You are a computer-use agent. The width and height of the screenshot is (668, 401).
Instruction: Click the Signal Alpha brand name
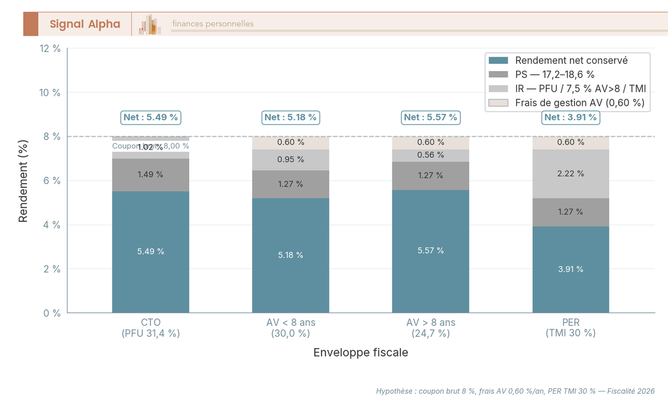coord(85,24)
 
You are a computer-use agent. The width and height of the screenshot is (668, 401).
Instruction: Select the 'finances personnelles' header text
coord(213,24)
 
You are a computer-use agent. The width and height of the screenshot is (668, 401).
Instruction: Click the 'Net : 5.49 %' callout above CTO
coord(151,117)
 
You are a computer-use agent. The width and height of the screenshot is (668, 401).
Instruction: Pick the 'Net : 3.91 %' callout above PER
coord(571,117)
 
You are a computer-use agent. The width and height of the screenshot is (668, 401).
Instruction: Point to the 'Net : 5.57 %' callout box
coord(430,117)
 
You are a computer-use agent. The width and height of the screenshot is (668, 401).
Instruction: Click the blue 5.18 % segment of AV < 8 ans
coord(291,255)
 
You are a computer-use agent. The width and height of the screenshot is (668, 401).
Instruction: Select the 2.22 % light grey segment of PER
coord(571,174)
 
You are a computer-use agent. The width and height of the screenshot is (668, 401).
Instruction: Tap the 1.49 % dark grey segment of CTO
coord(151,175)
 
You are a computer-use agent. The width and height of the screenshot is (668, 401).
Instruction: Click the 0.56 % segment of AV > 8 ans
coord(430,156)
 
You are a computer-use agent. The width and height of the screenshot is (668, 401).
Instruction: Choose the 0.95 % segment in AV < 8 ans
coord(291,160)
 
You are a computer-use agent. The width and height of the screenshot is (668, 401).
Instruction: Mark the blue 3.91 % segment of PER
coord(571,269)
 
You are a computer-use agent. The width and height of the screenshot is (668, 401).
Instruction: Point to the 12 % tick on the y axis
coord(50,48)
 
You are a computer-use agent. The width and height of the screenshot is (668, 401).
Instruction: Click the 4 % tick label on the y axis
coord(52,225)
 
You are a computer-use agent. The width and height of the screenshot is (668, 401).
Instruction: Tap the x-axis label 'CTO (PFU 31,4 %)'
coord(151,328)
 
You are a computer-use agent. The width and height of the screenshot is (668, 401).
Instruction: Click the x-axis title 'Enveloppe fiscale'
coord(360,353)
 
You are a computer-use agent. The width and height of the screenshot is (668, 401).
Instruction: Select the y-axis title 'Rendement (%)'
coord(23,180)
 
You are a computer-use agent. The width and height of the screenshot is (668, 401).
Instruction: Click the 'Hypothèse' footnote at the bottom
coord(515,391)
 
